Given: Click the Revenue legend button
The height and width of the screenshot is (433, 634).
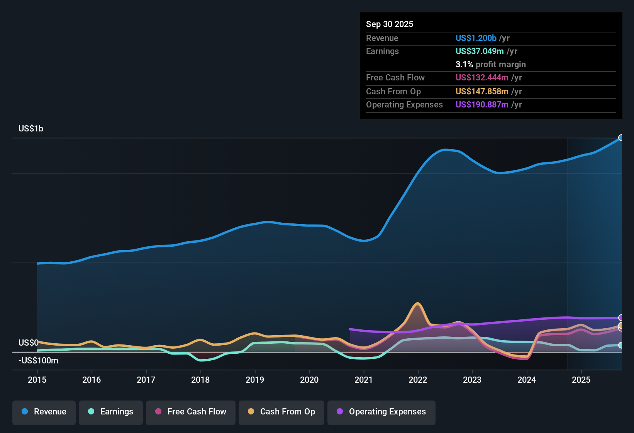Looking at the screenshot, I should tap(44, 412).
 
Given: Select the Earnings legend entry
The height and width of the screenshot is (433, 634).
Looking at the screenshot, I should tap(111, 412).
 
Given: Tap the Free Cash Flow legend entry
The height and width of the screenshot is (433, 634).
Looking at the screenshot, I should tap(191, 412).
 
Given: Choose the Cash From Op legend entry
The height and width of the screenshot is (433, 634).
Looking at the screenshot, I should tap(281, 412).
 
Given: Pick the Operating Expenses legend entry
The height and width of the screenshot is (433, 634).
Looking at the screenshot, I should tap(381, 412).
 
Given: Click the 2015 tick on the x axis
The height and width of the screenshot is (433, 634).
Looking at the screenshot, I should tap(37, 380).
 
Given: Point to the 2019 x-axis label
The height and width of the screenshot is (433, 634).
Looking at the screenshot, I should tap(255, 380).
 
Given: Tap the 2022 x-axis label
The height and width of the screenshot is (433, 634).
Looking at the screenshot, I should tap(418, 380).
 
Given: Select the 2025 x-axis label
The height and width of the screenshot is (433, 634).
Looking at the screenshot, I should tap(581, 380).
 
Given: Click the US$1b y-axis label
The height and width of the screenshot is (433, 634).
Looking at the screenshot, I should tap(31, 129).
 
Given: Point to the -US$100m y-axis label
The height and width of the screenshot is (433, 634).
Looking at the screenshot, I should tap(38, 361).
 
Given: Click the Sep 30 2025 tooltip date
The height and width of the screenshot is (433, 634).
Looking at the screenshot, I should tap(390, 24).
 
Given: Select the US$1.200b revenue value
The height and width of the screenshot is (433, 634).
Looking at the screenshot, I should tap(476, 38).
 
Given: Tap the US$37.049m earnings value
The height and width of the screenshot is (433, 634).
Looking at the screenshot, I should tap(480, 51).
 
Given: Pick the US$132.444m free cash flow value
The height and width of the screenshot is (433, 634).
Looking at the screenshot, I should tap(482, 77).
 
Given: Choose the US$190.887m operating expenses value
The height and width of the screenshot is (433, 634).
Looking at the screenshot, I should tap(482, 104).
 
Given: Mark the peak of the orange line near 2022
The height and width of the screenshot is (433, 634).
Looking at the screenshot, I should tap(417, 303).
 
